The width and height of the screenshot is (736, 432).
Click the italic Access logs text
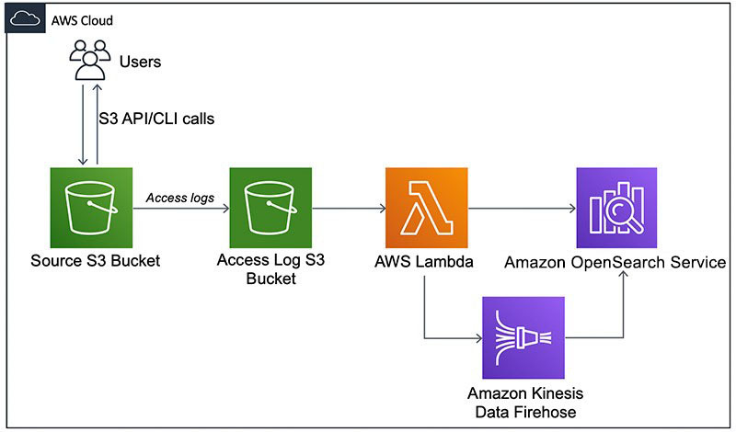(x=179, y=197)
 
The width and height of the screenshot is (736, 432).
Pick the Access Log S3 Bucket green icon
(x=271, y=209)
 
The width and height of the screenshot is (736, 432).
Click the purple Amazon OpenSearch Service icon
(x=616, y=209)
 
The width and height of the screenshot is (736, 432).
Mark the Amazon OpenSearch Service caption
(x=615, y=263)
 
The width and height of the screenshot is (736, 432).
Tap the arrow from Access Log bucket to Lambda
(x=350, y=209)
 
